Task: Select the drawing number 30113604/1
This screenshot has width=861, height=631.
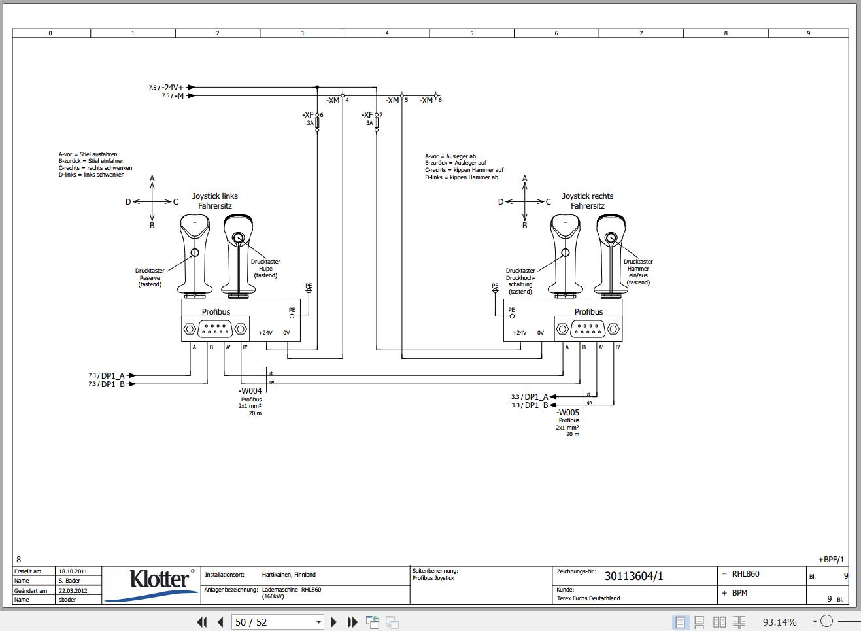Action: pyautogui.click(x=633, y=576)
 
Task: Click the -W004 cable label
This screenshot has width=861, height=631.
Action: pyautogui.click(x=250, y=391)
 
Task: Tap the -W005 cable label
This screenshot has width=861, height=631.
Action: pyautogui.click(x=567, y=413)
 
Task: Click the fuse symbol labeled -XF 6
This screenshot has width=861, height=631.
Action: pyautogui.click(x=317, y=122)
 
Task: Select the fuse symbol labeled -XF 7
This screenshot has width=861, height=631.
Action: pyautogui.click(x=377, y=122)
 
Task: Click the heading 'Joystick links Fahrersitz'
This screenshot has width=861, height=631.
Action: pyautogui.click(x=215, y=201)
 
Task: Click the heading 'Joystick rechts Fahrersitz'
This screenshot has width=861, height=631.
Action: pyautogui.click(x=587, y=201)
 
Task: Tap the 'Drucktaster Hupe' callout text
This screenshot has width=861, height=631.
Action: pyautogui.click(x=265, y=268)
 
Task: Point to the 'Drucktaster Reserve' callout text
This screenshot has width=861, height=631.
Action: pyautogui.click(x=150, y=277)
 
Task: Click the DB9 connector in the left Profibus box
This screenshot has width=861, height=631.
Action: pyautogui.click(x=215, y=328)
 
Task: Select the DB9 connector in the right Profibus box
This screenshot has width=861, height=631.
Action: pyautogui.click(x=588, y=328)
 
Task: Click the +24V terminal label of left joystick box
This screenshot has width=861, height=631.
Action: pyautogui.click(x=265, y=333)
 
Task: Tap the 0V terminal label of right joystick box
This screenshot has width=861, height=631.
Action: pyautogui.click(x=540, y=333)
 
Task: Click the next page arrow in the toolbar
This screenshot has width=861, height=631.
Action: pyautogui.click(x=334, y=622)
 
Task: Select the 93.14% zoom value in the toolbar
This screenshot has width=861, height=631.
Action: pyautogui.click(x=779, y=622)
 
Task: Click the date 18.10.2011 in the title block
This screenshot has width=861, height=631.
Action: pyautogui.click(x=72, y=571)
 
